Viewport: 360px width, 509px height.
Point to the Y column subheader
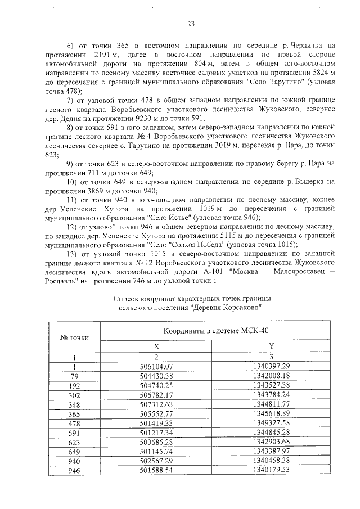click(x=271, y=346)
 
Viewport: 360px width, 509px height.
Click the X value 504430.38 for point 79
click(x=156, y=375)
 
